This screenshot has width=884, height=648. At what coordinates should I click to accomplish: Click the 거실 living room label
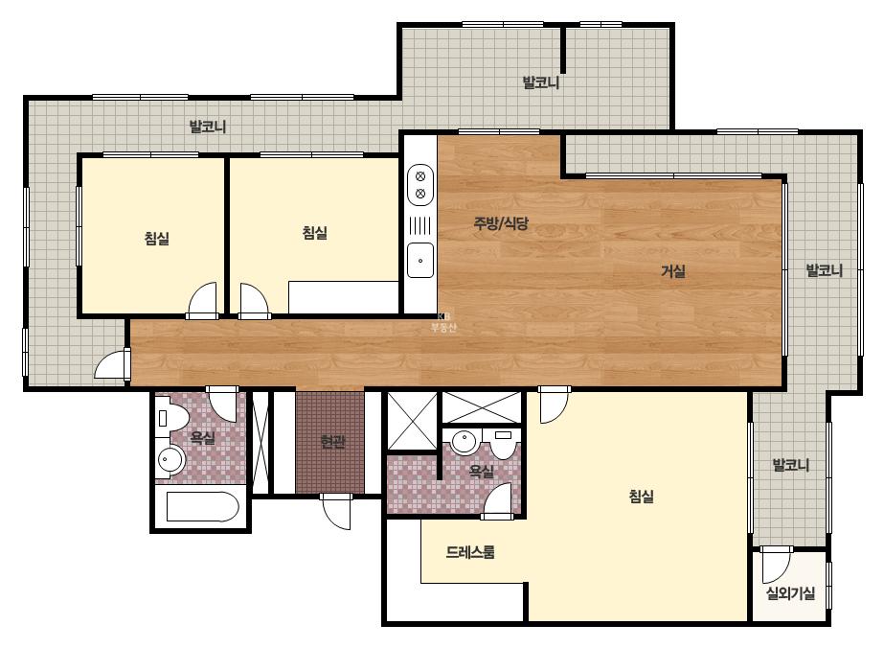672,271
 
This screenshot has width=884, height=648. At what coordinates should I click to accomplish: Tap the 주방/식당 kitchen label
501,223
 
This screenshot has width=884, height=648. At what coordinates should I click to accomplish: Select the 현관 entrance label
332,441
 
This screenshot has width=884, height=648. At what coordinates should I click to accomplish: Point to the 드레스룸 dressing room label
470,552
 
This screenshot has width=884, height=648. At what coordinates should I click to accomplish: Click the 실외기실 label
790,592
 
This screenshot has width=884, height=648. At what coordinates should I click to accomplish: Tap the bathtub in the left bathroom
203,506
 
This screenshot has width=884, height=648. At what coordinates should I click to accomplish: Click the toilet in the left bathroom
171,418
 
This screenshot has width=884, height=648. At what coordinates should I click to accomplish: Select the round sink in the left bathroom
170,459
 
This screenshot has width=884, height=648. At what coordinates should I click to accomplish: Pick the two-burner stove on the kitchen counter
420,185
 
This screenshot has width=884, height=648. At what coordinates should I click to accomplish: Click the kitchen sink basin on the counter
420,260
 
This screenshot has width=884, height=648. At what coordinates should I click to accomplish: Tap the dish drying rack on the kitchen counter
420,225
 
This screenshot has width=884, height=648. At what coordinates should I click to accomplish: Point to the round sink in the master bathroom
465,441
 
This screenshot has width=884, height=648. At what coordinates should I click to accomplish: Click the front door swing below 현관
336,512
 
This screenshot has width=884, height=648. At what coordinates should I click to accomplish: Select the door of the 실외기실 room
777,565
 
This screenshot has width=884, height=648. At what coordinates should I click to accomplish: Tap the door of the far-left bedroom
202,300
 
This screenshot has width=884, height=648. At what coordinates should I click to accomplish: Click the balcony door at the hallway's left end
112,364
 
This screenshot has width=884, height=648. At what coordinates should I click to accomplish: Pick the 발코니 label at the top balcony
541,83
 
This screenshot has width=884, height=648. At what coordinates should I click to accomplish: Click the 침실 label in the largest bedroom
641,497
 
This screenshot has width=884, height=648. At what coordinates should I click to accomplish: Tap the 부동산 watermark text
443,327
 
